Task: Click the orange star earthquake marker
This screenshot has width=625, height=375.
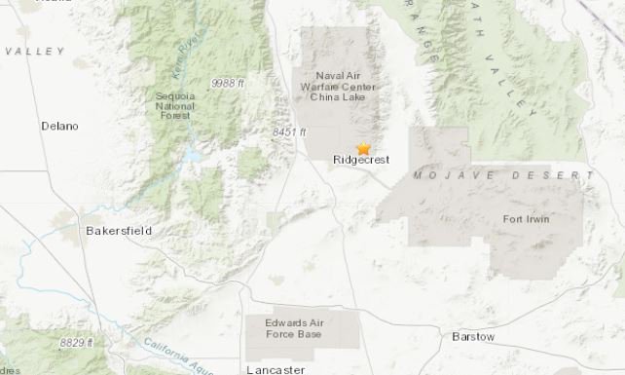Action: click(364, 149)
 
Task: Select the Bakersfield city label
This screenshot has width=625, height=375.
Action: click(119, 231)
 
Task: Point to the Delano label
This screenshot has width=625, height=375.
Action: click(59, 126)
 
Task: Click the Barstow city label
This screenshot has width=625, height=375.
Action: click(473, 336)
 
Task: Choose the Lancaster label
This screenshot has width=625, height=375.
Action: click(276, 369)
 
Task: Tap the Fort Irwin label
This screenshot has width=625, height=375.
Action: click(526, 218)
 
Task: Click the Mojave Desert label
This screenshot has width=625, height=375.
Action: click(502, 175)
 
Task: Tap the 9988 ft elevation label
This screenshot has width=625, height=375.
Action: click(233, 84)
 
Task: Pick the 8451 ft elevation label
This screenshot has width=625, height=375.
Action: click(289, 131)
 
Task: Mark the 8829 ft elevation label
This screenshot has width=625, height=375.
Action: click(75, 342)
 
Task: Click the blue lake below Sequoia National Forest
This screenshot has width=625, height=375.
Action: click(194, 156)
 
